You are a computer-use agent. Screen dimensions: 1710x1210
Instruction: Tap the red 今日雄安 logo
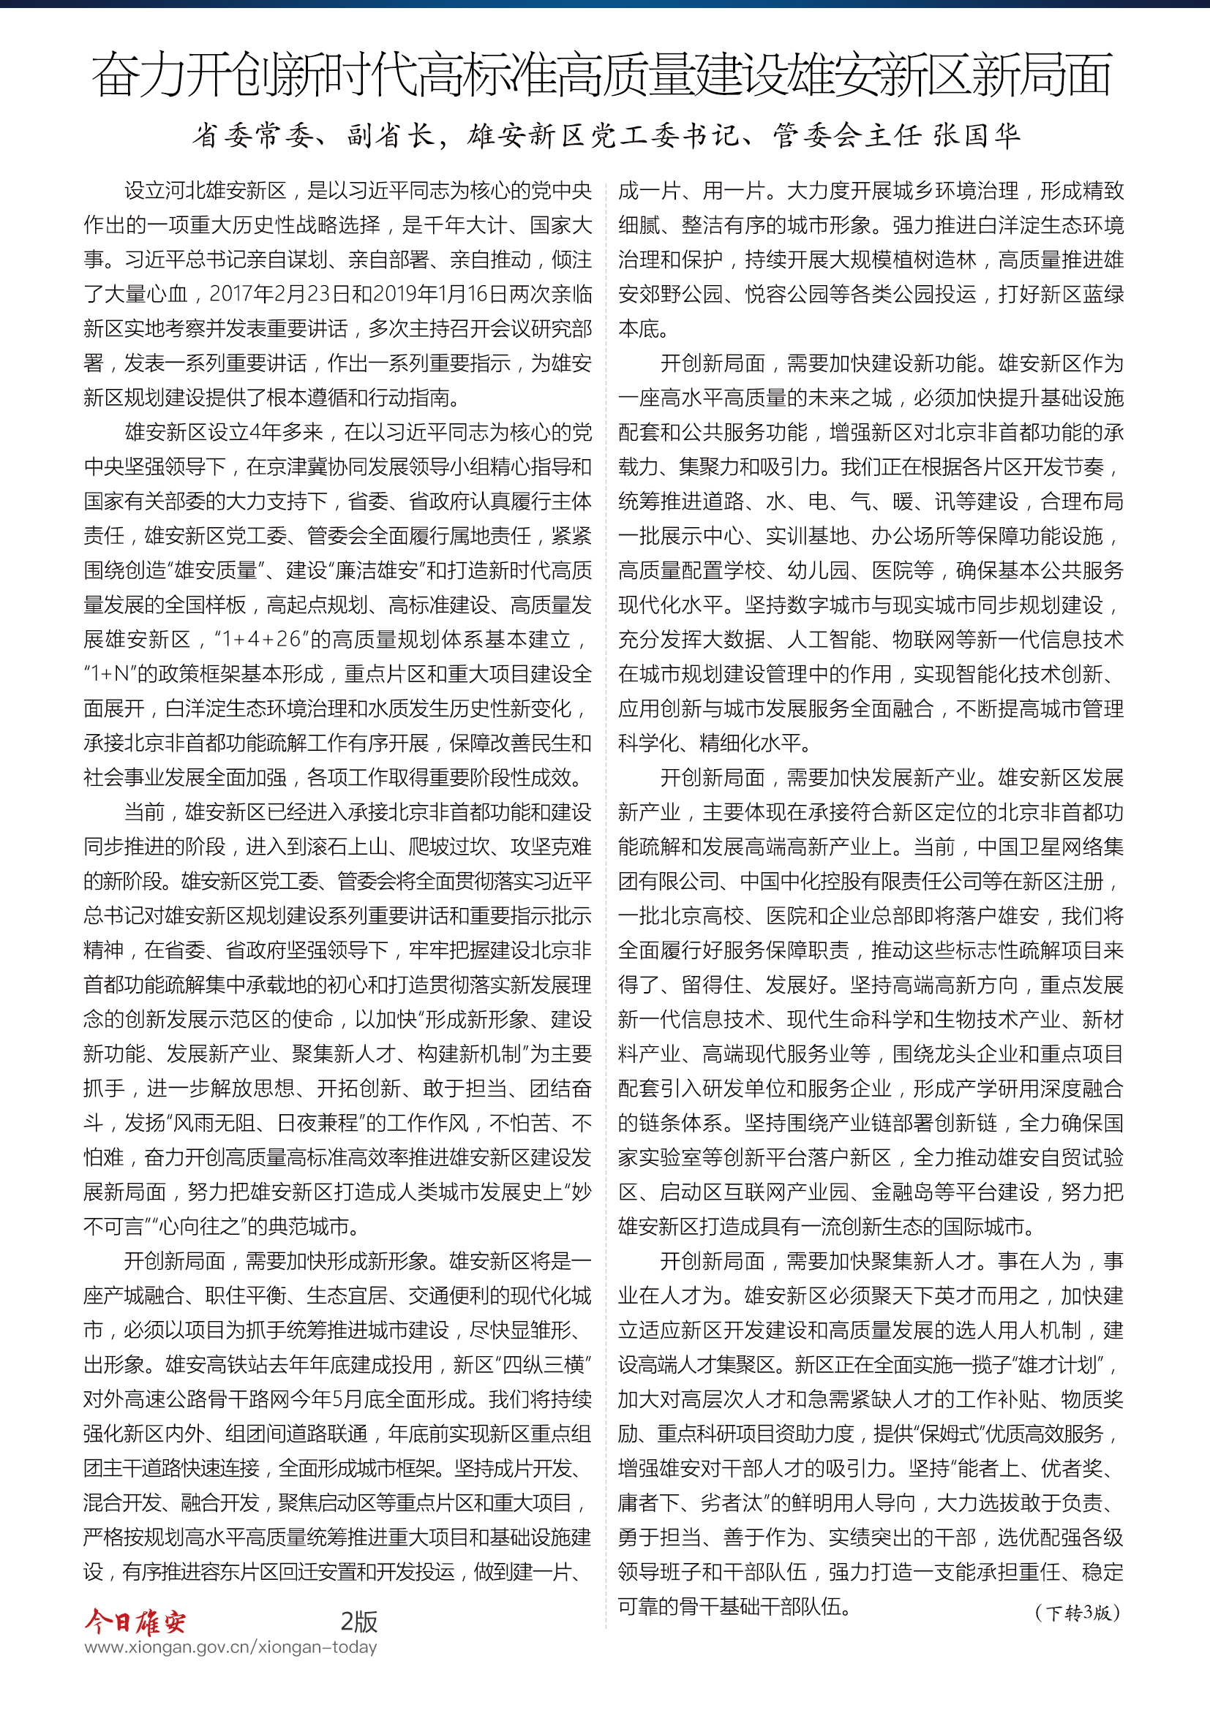(135, 1622)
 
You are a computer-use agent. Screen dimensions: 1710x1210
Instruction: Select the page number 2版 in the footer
(359, 1622)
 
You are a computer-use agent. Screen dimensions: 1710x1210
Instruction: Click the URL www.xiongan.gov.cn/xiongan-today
(231, 1647)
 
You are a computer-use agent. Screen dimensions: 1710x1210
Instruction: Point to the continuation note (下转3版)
(1078, 1613)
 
